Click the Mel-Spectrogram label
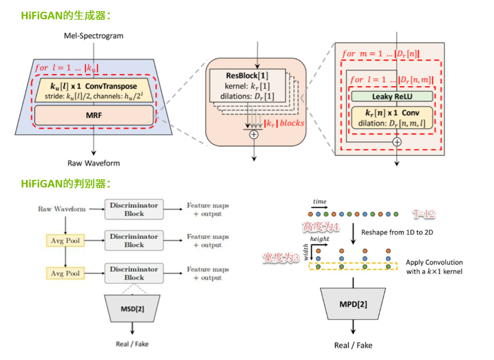click(x=94, y=36)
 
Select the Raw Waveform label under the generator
click(x=94, y=163)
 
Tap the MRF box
click(x=94, y=115)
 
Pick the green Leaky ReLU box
click(x=392, y=96)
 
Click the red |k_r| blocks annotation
click(x=284, y=123)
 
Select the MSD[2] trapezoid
click(x=132, y=308)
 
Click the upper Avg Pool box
click(x=65, y=241)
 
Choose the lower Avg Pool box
click(x=65, y=273)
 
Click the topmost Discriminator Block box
click(x=134, y=209)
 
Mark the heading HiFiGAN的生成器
click(x=65, y=16)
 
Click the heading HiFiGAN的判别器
click(x=65, y=184)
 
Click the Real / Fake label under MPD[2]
click(x=353, y=345)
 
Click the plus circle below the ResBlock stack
click(x=254, y=134)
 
